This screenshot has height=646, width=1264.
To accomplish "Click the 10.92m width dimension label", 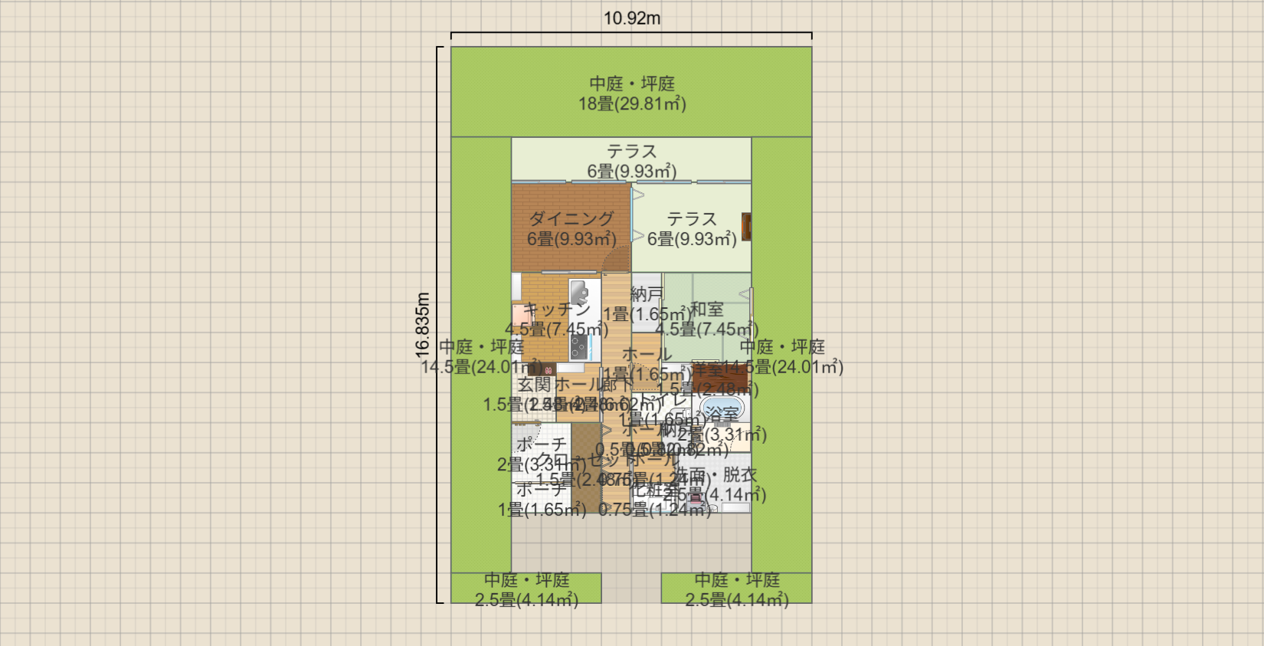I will pyautogui.click(x=631, y=18).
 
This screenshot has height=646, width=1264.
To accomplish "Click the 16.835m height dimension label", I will pyautogui.click(x=423, y=325).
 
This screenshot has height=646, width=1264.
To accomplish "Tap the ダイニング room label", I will pyautogui.click(x=571, y=219).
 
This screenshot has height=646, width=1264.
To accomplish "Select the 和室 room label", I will pyautogui.click(x=706, y=310).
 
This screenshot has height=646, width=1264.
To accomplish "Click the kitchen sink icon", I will pyautogui.click(x=579, y=293).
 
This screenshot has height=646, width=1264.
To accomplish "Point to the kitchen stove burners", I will pyautogui.click(x=578, y=347).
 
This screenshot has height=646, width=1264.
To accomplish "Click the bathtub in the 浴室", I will pyautogui.click(x=722, y=408).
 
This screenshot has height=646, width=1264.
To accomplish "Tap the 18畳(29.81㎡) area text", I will pyautogui.click(x=632, y=104).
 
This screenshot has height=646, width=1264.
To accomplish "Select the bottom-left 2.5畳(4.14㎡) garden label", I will pyautogui.click(x=526, y=600).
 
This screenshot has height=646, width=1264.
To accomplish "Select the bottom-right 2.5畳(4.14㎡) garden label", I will pyautogui.click(x=737, y=600).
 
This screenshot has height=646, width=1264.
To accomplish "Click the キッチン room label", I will pyautogui.click(x=557, y=310).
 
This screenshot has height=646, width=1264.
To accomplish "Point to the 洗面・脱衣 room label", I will pyautogui.click(x=716, y=475).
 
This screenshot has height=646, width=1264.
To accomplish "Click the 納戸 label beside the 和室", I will pyautogui.click(x=647, y=294).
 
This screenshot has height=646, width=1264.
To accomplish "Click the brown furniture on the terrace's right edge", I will pyautogui.click(x=746, y=227).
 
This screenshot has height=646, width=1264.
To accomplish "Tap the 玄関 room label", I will pyautogui.click(x=534, y=385).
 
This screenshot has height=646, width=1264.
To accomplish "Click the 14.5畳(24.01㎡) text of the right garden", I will pyautogui.click(x=783, y=367).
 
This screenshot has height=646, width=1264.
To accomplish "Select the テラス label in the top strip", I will pyautogui.click(x=632, y=152).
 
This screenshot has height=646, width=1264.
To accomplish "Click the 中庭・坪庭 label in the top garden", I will pyautogui.click(x=632, y=84).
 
